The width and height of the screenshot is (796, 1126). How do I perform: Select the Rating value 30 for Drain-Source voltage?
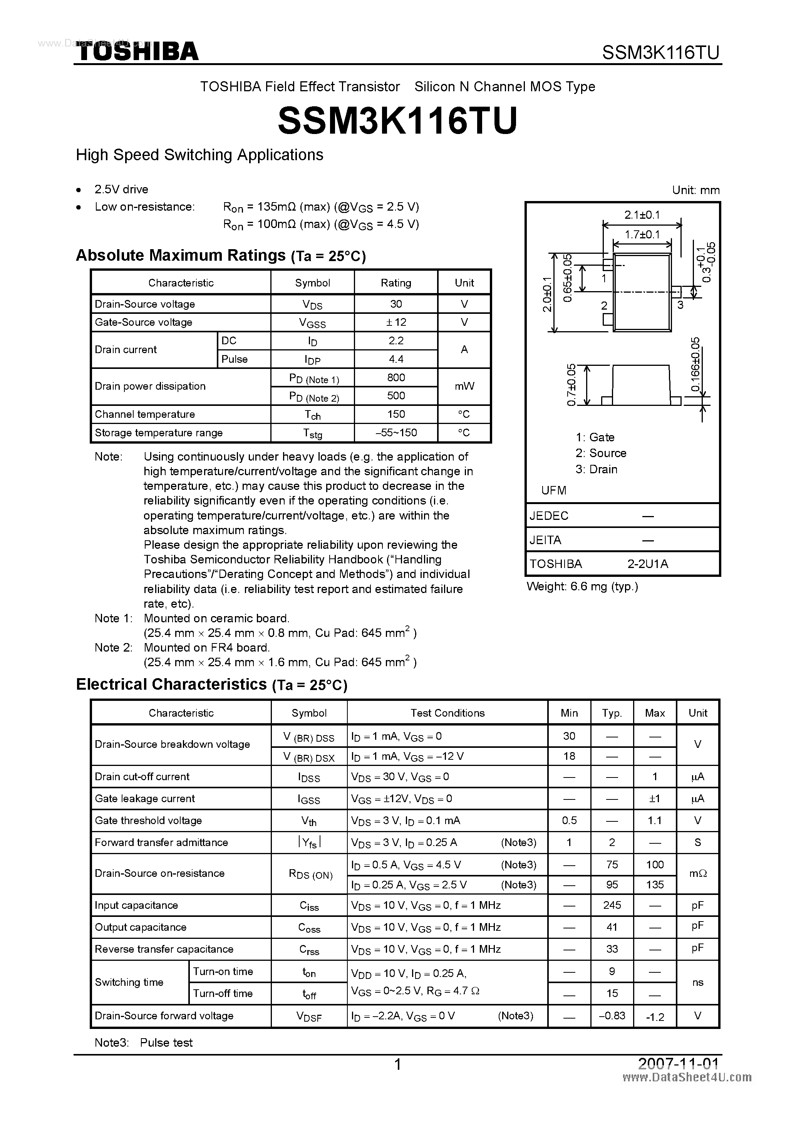pos(396,304)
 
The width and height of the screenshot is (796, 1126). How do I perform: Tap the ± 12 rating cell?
pos(396,322)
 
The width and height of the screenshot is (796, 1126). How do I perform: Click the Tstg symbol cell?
pos(312,433)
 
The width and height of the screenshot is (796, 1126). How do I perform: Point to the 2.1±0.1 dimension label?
pos(642,215)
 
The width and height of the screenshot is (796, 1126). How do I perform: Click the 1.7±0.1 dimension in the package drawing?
pos(642,235)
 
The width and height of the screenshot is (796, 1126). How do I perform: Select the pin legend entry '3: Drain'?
pos(597,469)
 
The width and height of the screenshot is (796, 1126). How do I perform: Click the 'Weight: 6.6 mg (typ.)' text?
pos(582,586)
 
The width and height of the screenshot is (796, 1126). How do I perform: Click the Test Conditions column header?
pos(447,713)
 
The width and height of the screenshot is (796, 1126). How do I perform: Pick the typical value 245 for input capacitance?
pos(612,905)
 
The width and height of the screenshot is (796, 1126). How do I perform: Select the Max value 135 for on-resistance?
pos(655,885)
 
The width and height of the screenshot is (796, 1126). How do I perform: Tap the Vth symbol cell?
pos(309,821)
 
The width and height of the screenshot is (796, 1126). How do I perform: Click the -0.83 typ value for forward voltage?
pos(612,1015)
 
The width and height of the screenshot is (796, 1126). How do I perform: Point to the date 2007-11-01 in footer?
pos(678,1064)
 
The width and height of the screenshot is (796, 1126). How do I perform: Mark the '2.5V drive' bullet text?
pos(121,189)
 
